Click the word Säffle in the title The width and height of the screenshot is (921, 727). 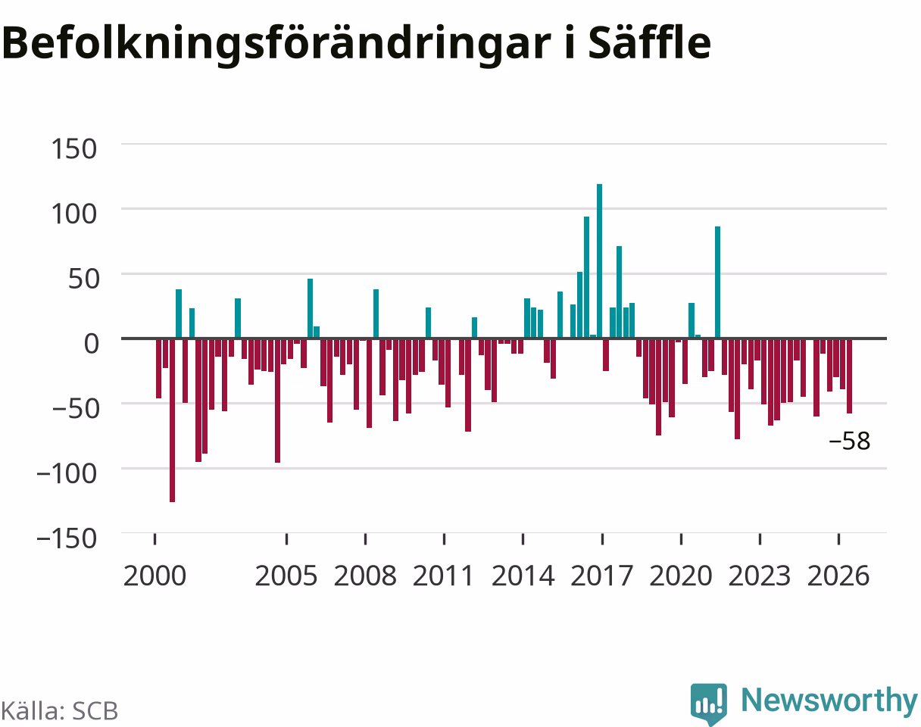pos(649,42)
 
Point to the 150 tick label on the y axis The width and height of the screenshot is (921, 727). pos(74,149)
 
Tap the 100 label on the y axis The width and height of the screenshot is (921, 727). pos(74,214)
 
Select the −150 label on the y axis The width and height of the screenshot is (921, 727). pos(67,538)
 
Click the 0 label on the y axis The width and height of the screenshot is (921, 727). pos(91,344)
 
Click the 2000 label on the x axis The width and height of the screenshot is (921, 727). pos(155,576)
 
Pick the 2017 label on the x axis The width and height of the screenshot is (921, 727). pos(601,576)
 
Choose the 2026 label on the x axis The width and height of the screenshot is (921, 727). pos(838,576)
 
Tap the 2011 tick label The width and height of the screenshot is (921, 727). pos(444,576)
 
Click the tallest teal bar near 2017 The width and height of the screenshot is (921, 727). pos(600,261)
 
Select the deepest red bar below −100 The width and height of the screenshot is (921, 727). pos(173,420)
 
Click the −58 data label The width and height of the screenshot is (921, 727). pos(850,442)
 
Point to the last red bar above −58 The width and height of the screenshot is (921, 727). pos(850,376)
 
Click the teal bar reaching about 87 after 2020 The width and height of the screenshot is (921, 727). pos(718,282)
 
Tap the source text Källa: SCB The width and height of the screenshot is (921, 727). pos(59,711)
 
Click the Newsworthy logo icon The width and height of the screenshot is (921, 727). pos(709,704)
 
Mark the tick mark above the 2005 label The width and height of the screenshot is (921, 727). pos(286,539)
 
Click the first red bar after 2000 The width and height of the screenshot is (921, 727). pos(159,368)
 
